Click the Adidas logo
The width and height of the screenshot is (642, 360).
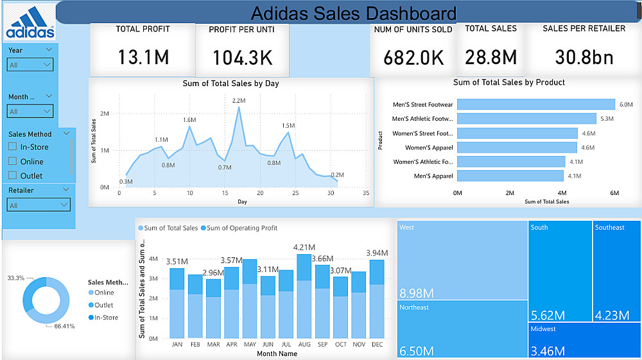[30, 23]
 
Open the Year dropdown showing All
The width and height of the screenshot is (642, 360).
[30, 65]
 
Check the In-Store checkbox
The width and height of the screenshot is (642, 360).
[12, 147]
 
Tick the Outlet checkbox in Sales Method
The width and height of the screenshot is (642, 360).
[12, 175]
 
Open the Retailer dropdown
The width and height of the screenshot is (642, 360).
[39, 205]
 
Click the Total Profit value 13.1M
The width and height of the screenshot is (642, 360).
[143, 57]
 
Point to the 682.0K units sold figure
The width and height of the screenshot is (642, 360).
[413, 57]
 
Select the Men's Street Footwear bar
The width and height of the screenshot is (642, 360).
[536, 105]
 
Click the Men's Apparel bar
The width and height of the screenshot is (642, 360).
[510, 175]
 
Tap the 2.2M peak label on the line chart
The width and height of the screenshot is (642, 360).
[239, 101]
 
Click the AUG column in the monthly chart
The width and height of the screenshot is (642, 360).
[304, 296]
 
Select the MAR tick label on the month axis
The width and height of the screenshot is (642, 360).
[214, 345]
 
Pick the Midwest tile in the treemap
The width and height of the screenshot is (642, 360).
[584, 340]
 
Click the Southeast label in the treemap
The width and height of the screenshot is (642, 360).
[609, 227]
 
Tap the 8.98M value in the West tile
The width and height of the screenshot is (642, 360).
[416, 293]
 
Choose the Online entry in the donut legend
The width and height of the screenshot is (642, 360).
[103, 293]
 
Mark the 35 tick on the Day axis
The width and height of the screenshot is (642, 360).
[366, 193]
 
